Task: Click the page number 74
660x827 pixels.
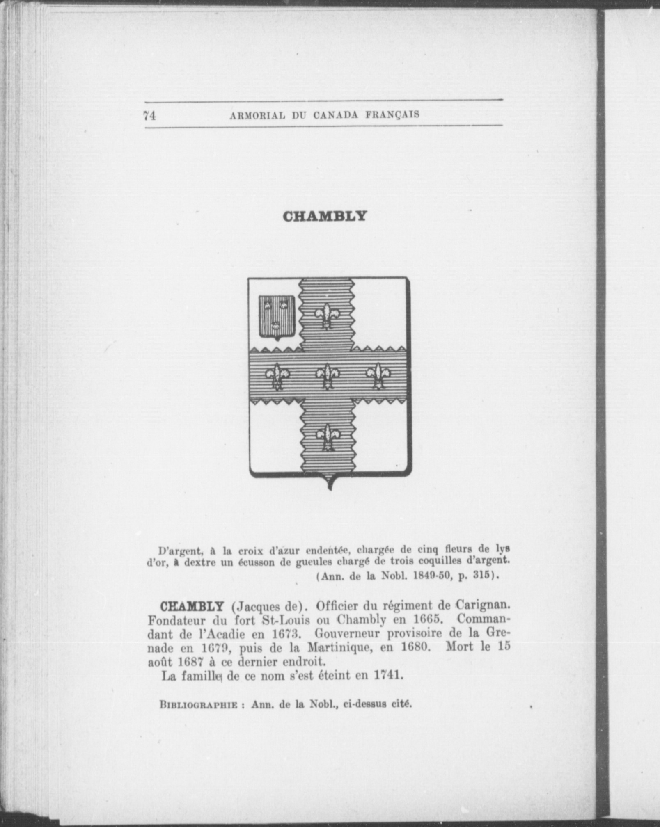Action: [149, 116]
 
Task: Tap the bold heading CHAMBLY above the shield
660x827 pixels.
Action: [324, 216]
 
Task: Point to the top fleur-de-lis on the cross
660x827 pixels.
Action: [328, 315]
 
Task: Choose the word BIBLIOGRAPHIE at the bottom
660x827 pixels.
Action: [198, 705]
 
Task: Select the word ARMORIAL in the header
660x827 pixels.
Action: [257, 116]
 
